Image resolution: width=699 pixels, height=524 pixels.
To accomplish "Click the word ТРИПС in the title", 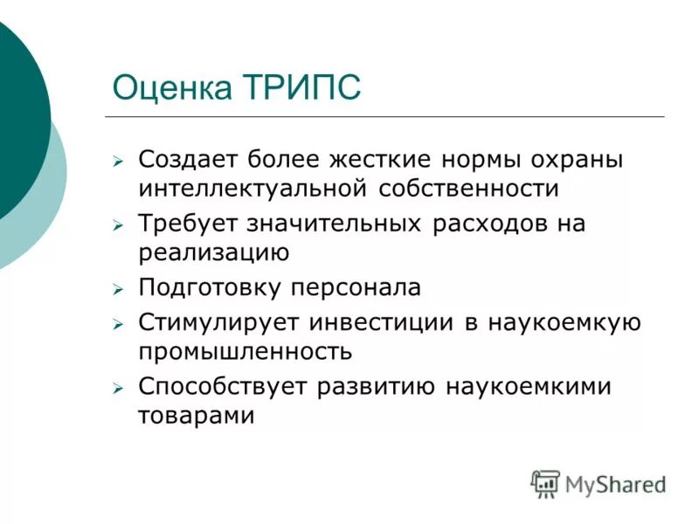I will pos(299,88).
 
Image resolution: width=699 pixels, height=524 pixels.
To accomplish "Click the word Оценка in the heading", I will pos(171,88).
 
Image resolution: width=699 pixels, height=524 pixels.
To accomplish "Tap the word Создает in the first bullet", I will pos(185,161).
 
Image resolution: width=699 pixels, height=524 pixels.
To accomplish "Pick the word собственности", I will pos(468,187).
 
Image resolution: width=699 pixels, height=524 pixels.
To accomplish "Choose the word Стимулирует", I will pos(218,323).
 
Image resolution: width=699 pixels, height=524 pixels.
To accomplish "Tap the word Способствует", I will pos(220,387).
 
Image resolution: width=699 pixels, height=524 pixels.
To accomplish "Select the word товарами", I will pos(196,414).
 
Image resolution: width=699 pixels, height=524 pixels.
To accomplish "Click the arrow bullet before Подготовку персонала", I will pos(119,289).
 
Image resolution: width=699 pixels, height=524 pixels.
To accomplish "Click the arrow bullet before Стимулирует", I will pos(119,324).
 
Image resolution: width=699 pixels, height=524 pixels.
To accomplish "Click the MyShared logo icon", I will pos(545,483).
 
